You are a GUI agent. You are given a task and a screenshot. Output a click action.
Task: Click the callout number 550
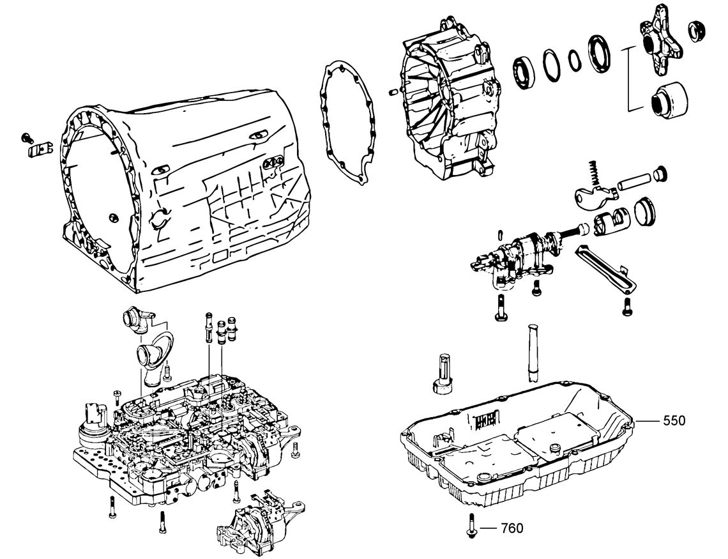674,420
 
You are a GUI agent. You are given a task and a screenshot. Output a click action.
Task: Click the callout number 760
512,528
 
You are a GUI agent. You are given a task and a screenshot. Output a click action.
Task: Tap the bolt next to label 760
472,526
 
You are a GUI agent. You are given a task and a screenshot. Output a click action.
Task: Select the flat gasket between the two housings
347,123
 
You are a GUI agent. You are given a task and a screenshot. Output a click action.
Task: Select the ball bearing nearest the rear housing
525,72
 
